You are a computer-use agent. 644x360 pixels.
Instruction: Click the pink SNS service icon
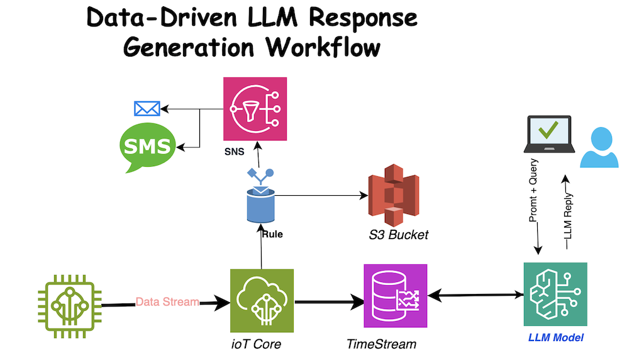(x=255, y=109)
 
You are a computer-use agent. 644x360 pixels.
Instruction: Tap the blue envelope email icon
(x=147, y=109)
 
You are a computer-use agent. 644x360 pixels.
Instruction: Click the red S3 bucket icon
(x=393, y=195)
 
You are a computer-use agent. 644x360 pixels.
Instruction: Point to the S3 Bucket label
(x=398, y=235)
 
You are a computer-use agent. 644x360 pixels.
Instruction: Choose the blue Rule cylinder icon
(x=260, y=203)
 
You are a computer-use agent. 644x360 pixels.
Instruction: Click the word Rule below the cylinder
(x=272, y=235)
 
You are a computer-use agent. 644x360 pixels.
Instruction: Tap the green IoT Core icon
(x=262, y=300)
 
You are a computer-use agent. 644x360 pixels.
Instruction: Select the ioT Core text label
(x=255, y=344)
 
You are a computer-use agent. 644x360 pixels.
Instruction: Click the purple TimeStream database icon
(x=395, y=295)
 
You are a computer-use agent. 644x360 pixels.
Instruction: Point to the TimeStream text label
(x=382, y=344)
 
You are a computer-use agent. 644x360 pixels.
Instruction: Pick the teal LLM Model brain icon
(x=555, y=294)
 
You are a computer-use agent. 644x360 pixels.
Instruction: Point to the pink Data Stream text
(x=167, y=302)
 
